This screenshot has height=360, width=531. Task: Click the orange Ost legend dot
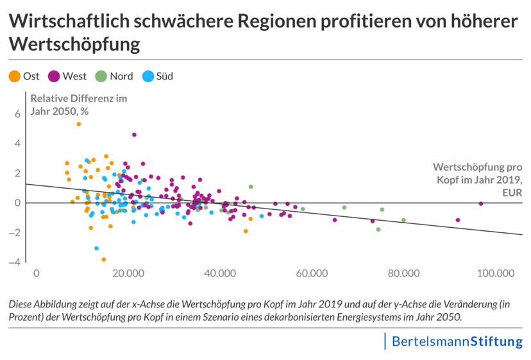pyautogui.click(x=14, y=76)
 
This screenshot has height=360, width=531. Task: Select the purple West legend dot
pyautogui.click(x=54, y=76)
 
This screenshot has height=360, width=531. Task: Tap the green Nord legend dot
pyautogui.click(x=101, y=76)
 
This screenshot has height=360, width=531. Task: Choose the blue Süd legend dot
pyautogui.click(x=147, y=76)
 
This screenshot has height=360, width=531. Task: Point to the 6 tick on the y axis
pyautogui.click(x=18, y=114)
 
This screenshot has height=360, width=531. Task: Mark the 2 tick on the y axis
pyautogui.click(x=18, y=173)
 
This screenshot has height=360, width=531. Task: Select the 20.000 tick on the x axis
pyautogui.click(x=128, y=273)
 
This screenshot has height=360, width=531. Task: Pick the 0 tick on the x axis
pyautogui.click(x=36, y=273)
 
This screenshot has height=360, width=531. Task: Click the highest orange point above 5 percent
pyautogui.click(x=79, y=124)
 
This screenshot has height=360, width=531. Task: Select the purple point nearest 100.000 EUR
pyautogui.click(x=481, y=203)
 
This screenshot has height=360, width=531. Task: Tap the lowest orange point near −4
pyautogui.click(x=104, y=259)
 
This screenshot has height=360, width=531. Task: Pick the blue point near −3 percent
pyautogui.click(x=96, y=248)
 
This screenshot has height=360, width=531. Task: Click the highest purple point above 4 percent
pyautogui.click(x=134, y=135)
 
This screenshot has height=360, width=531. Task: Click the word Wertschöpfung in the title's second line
pyautogui.click(x=74, y=45)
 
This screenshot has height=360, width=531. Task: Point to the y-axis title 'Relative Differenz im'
pyautogui.click(x=79, y=99)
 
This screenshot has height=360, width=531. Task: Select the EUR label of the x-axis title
pyautogui.click(x=512, y=191)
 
